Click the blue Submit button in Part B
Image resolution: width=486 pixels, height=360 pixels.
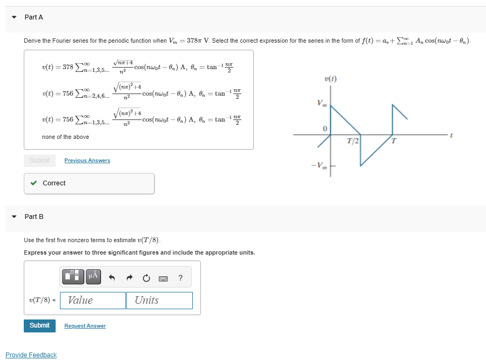click(39, 325)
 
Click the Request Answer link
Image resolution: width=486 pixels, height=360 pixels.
click(85, 326)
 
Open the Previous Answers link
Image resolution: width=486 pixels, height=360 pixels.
click(87, 161)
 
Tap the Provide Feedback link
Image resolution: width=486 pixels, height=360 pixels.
click(31, 355)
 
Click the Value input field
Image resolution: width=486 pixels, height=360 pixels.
click(93, 301)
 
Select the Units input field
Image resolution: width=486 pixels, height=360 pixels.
click(159, 301)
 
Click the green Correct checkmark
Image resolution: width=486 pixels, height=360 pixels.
click(34, 183)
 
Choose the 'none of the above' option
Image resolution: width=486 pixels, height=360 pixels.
click(65, 137)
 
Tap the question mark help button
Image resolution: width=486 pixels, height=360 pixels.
click(180, 278)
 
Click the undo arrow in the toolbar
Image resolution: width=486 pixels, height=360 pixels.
click(112, 278)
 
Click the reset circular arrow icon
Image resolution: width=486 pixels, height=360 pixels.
click(146, 278)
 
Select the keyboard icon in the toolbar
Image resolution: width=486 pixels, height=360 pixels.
click(163, 278)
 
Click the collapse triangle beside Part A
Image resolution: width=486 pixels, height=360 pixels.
click(14, 17)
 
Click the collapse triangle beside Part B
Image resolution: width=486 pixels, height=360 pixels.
click(14, 217)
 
